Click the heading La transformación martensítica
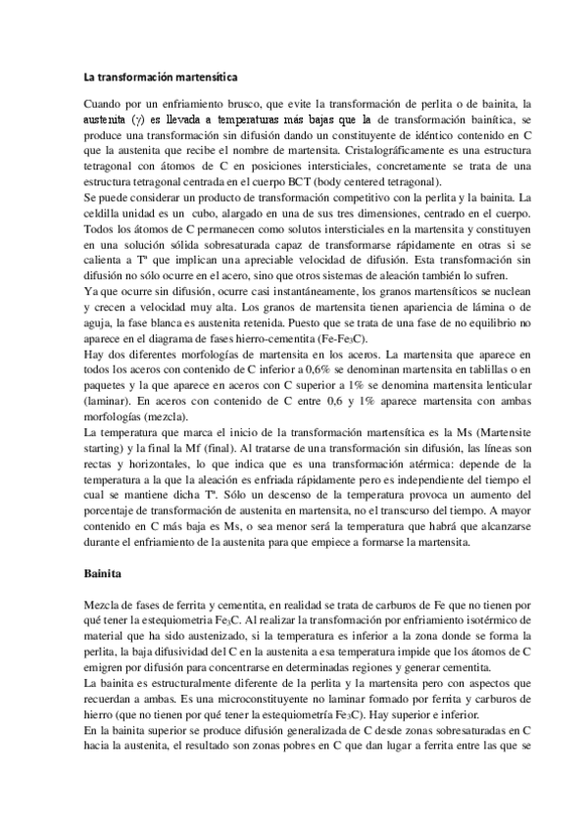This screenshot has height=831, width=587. [x=162, y=76]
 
